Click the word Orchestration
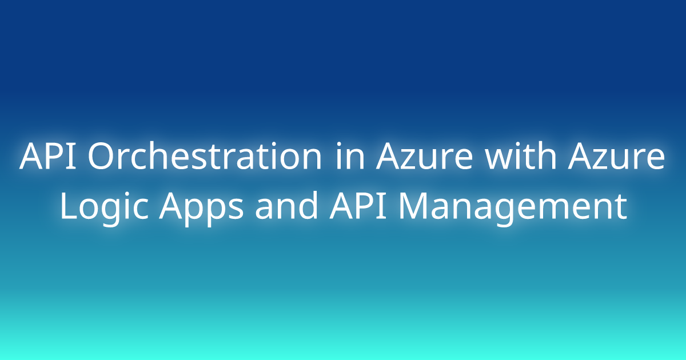click(x=205, y=155)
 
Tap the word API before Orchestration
click(x=47, y=156)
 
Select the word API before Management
click(x=358, y=206)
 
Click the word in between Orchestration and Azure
click(x=350, y=155)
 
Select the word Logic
click(x=104, y=208)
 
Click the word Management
click(x=513, y=209)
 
